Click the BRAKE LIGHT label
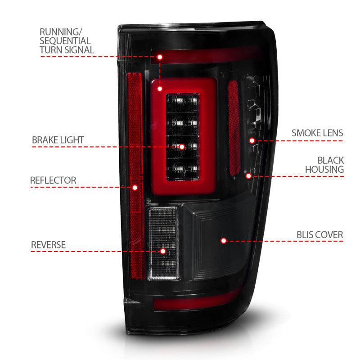[58, 140]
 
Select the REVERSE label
[48, 245]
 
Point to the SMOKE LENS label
[317, 133]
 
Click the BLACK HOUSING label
[324, 165]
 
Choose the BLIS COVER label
[319, 235]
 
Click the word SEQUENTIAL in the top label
[65, 41]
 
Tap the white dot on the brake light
[182, 147]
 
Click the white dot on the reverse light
[163, 251]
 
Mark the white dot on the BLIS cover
[223, 241]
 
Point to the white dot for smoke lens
[252, 141]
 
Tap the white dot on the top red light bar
[159, 57]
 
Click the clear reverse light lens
[163, 229]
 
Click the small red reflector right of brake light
[233, 128]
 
